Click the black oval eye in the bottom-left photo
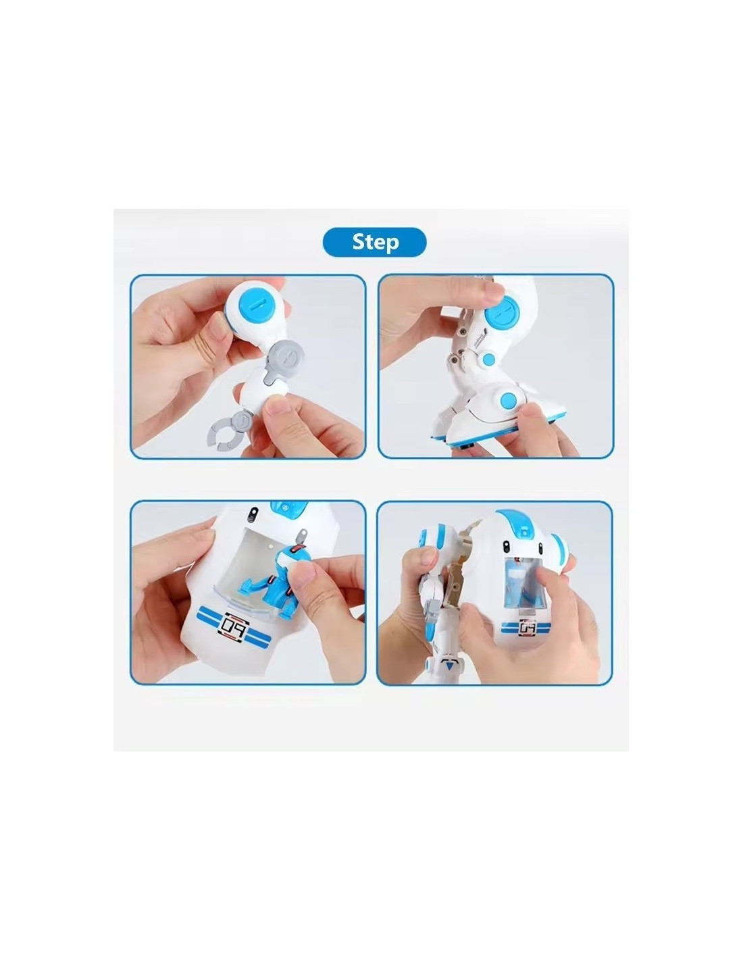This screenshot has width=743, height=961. click(x=252, y=514)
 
